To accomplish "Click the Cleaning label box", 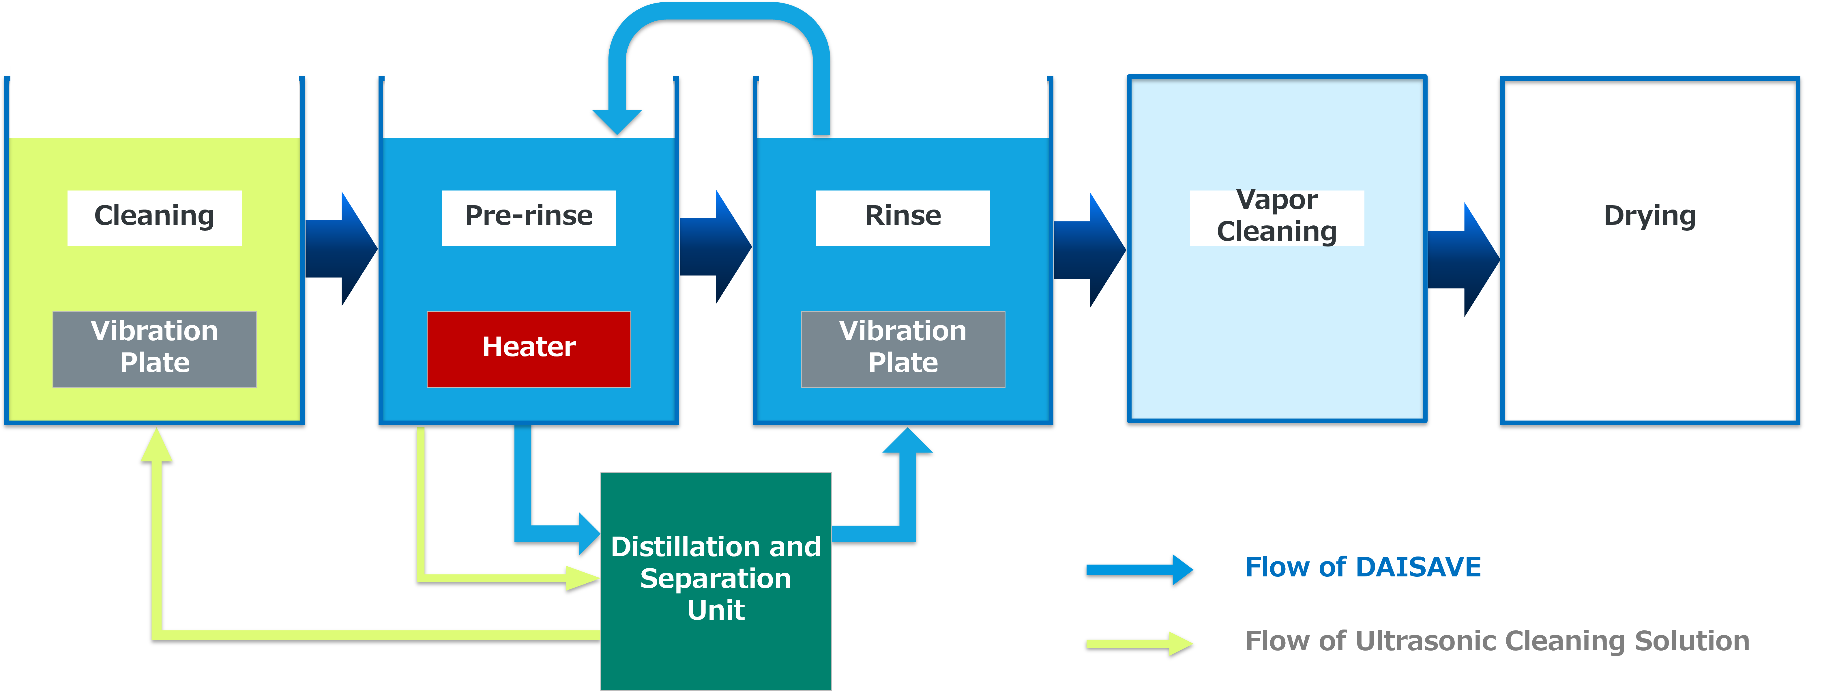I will [x=155, y=217].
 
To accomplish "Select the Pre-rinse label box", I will [x=529, y=217].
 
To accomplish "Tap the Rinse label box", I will [x=902, y=217].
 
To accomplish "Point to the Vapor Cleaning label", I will [x=1276, y=216].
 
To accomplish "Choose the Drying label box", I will [x=1650, y=217].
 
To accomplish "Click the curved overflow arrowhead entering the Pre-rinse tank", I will [x=617, y=121].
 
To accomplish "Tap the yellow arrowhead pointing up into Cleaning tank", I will [x=157, y=445].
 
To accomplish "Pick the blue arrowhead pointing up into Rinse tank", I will [x=907, y=442].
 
